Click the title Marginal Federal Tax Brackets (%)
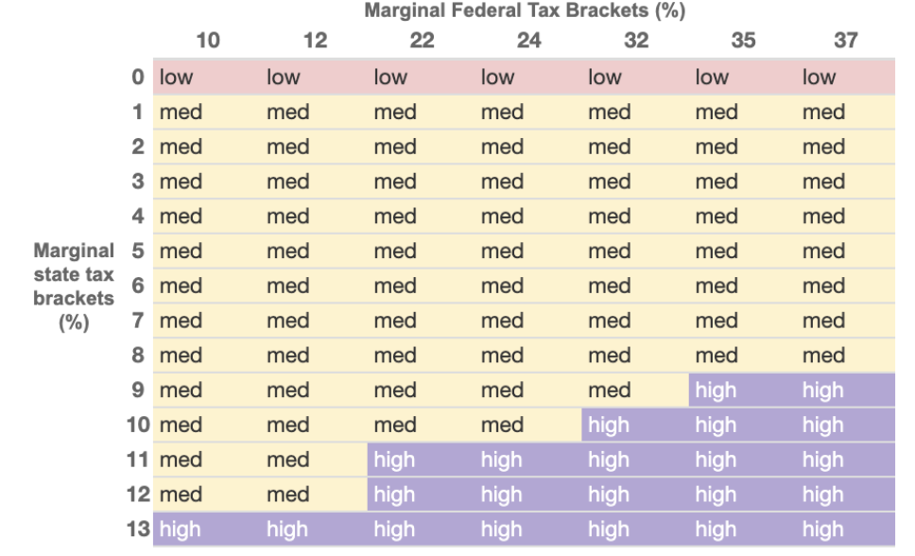(x=525, y=11)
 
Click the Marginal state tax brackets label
(x=74, y=286)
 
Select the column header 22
(x=423, y=41)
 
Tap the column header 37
(x=846, y=41)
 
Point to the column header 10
(x=208, y=41)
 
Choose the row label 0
(x=138, y=78)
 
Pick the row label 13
(x=138, y=530)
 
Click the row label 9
(x=138, y=391)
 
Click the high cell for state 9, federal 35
(x=716, y=391)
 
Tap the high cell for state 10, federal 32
(x=609, y=426)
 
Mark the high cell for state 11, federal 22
(x=394, y=460)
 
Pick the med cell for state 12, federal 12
(x=287, y=495)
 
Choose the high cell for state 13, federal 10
(x=180, y=530)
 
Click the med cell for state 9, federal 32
(x=609, y=391)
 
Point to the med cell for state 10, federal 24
(x=502, y=426)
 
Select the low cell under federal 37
(x=819, y=78)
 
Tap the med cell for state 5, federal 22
(x=394, y=252)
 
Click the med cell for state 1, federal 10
(x=181, y=113)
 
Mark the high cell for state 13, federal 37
(x=822, y=530)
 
